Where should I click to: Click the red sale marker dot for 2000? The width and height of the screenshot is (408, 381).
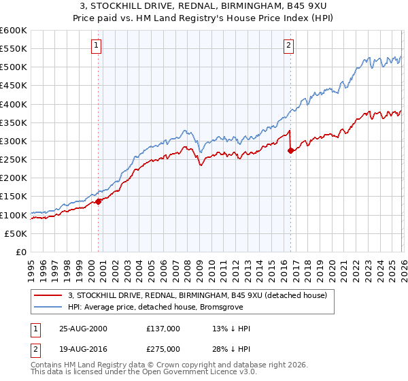(99, 201)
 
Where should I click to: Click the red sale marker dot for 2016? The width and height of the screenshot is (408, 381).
(290, 150)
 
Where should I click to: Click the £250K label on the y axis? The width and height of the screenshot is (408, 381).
(14, 159)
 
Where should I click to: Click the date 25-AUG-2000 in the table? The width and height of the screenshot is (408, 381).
(82, 329)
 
